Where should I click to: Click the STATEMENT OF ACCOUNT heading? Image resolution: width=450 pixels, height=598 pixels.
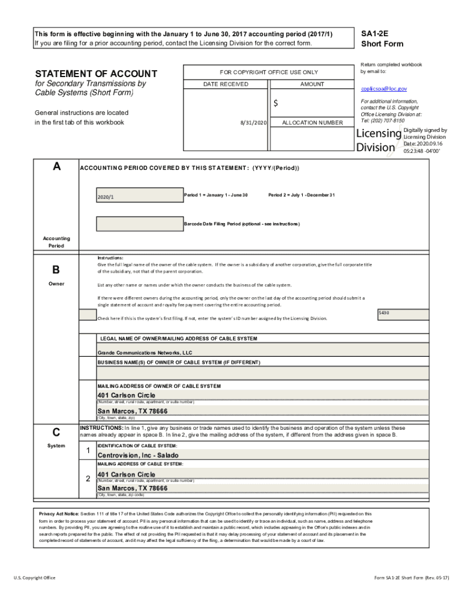coord(96,74)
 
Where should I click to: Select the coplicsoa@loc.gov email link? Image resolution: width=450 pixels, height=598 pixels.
coord(383,89)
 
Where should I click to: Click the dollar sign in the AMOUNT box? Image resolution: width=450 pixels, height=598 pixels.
coord(276,103)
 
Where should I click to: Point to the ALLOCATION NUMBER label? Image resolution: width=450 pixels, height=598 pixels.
coord(312,123)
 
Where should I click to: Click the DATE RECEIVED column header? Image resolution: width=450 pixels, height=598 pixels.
coord(226,85)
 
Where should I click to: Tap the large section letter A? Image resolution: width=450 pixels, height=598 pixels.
coord(56,167)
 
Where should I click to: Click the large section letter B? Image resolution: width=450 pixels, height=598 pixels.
coord(56,270)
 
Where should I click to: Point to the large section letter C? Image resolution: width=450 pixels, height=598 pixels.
coord(56,433)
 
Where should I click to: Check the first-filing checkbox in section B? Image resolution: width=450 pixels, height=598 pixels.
coord(88,315)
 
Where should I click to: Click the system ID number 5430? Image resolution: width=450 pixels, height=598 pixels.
coord(384,313)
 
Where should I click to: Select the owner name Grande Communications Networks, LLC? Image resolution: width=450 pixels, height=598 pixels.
coord(144,353)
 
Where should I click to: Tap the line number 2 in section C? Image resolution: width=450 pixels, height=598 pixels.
coord(88,479)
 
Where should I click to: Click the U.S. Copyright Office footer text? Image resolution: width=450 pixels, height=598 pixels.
coord(34,578)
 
